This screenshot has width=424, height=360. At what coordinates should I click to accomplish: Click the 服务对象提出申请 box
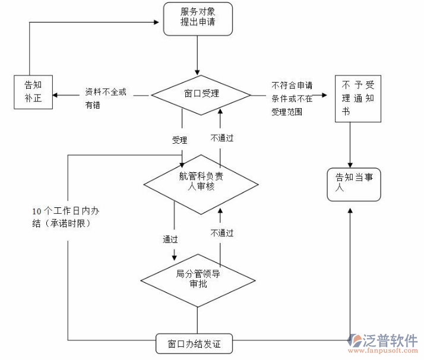[197, 18]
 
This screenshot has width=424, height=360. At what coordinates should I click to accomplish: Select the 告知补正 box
[33, 93]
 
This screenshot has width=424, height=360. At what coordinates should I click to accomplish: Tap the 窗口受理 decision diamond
[201, 94]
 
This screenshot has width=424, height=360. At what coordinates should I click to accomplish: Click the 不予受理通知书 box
[358, 99]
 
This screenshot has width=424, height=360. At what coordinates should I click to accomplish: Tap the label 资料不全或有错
[105, 98]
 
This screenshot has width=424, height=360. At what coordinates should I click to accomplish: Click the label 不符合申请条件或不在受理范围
[292, 98]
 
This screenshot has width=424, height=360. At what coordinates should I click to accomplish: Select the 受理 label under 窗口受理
[179, 140]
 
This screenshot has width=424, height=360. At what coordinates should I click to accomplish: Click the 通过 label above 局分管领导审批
[171, 239]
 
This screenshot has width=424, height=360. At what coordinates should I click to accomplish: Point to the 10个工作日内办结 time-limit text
[65, 217]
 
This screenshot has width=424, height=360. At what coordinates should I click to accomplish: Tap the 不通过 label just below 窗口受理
[222, 138]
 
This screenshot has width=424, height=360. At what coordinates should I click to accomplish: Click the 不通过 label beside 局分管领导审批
[222, 233]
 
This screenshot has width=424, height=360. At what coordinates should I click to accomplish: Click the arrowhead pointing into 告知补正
[56, 94]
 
